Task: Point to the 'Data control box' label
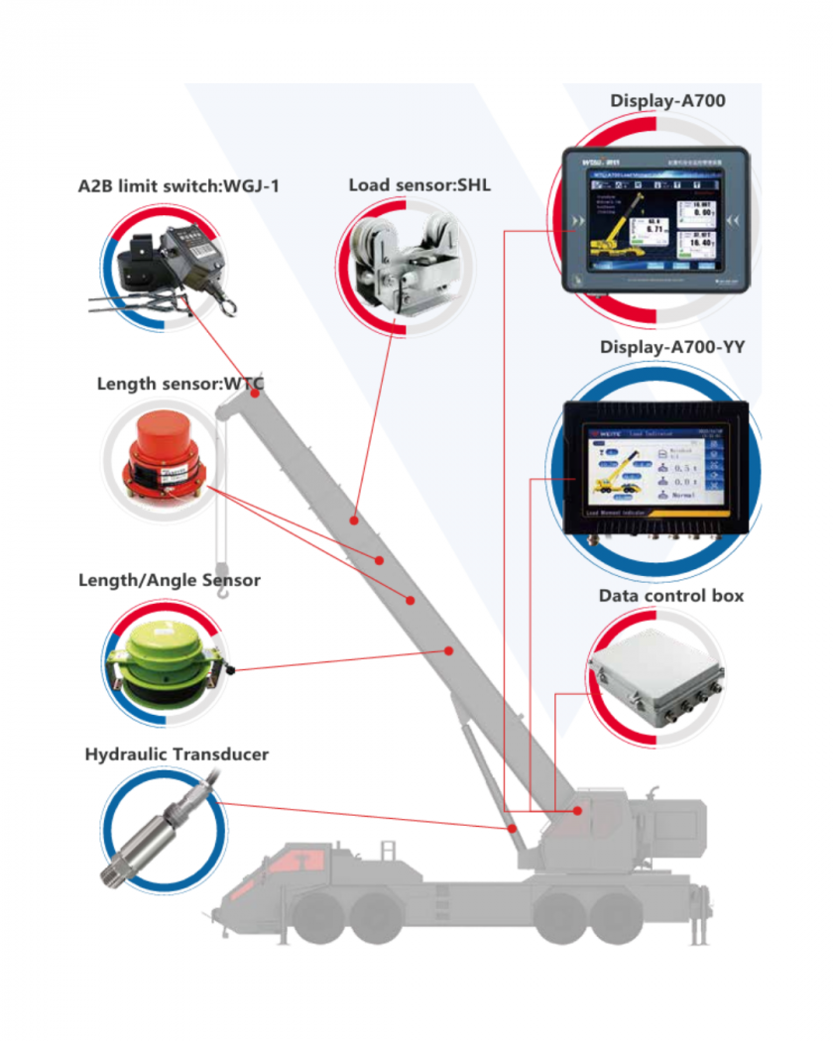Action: (x=670, y=596)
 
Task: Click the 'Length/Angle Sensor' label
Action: (x=169, y=580)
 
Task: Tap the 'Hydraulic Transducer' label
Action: (x=177, y=754)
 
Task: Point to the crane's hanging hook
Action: (x=222, y=594)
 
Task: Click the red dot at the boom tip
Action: (x=256, y=394)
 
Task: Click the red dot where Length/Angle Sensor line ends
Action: (x=448, y=651)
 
